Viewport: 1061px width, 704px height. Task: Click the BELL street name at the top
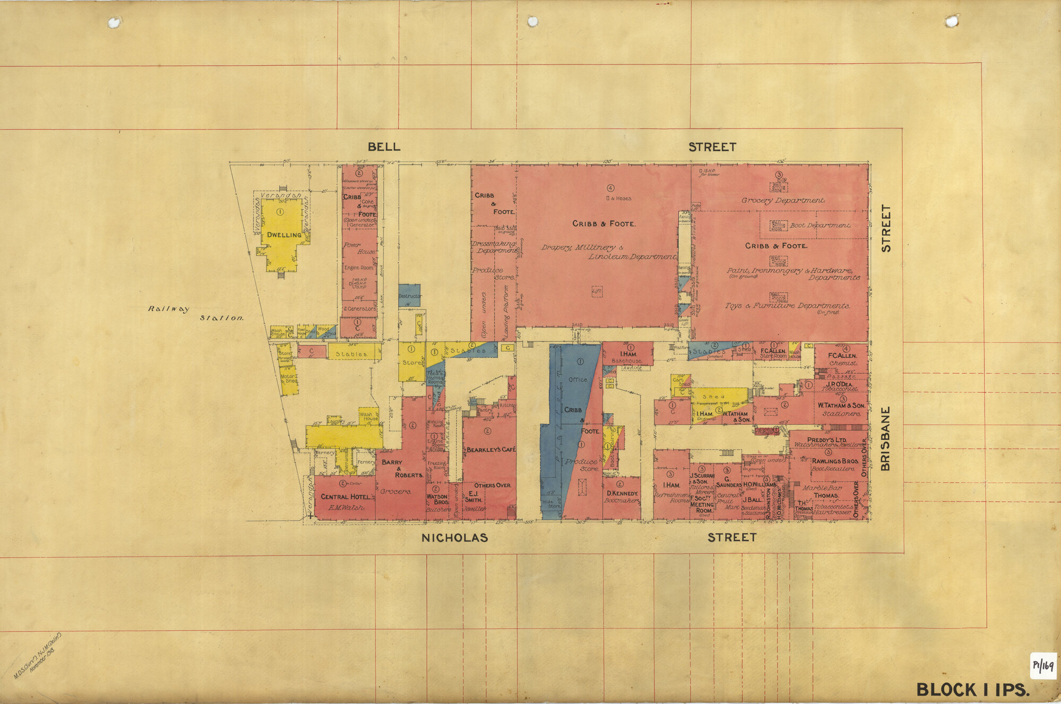[x=384, y=147]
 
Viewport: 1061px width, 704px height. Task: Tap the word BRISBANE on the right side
[x=885, y=439]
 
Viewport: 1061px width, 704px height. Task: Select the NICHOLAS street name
[x=454, y=538]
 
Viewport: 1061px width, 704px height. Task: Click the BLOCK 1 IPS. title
[x=973, y=690]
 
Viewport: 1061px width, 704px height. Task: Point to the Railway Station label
[x=195, y=313]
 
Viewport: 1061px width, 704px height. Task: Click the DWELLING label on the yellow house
[x=284, y=235]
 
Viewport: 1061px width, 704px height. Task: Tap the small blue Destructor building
[x=409, y=295]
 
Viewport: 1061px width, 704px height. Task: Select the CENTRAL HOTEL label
[x=345, y=497]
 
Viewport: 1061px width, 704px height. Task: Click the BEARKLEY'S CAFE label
[x=490, y=450]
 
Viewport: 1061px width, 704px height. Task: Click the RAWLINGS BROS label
[x=835, y=461]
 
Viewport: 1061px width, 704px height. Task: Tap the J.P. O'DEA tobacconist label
[x=839, y=385]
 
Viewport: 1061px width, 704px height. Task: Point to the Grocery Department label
[x=783, y=201]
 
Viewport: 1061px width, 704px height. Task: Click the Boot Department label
[x=820, y=225]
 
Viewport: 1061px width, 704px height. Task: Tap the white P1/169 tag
[x=1043, y=666]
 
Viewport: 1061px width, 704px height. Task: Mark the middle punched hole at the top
[x=532, y=22]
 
